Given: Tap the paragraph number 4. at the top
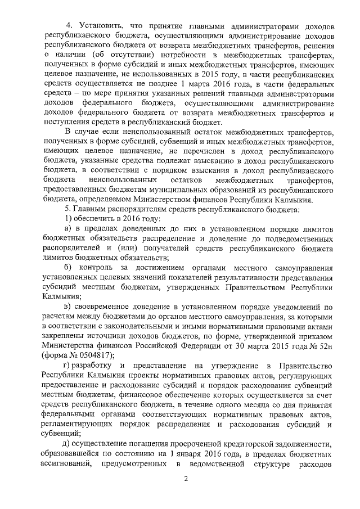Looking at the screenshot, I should pyautogui.click(x=70, y=27).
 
